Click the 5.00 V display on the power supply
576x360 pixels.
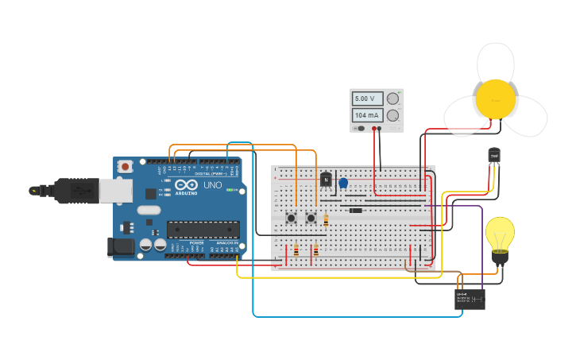(x=367, y=99)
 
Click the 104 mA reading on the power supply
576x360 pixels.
(x=367, y=115)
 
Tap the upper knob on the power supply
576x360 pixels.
(x=392, y=99)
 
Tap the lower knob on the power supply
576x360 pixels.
(x=392, y=115)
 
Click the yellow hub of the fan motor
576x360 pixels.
(x=496, y=99)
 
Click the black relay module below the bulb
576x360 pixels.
(x=470, y=299)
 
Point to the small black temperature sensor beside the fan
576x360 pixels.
(x=494, y=155)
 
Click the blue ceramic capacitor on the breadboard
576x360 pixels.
(x=343, y=183)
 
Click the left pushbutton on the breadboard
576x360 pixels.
(x=292, y=217)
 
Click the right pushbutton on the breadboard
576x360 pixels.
(x=311, y=217)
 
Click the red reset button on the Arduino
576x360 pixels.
(x=126, y=167)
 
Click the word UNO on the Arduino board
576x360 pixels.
(x=212, y=185)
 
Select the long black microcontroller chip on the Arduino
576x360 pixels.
(x=203, y=230)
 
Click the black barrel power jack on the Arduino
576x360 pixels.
(x=121, y=246)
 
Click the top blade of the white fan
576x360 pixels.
(x=496, y=60)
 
